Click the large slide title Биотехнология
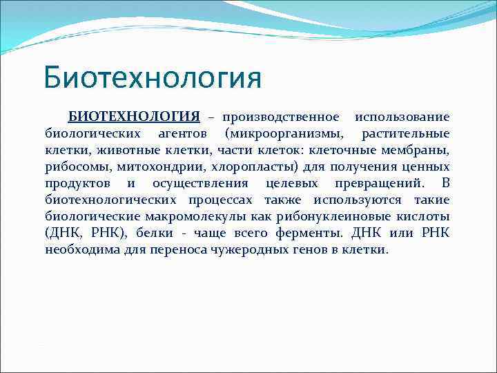pos(153,77)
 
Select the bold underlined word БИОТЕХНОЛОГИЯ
pos(134,117)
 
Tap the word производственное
pos(280,117)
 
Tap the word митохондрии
pos(155,166)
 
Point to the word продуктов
pos(77,183)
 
